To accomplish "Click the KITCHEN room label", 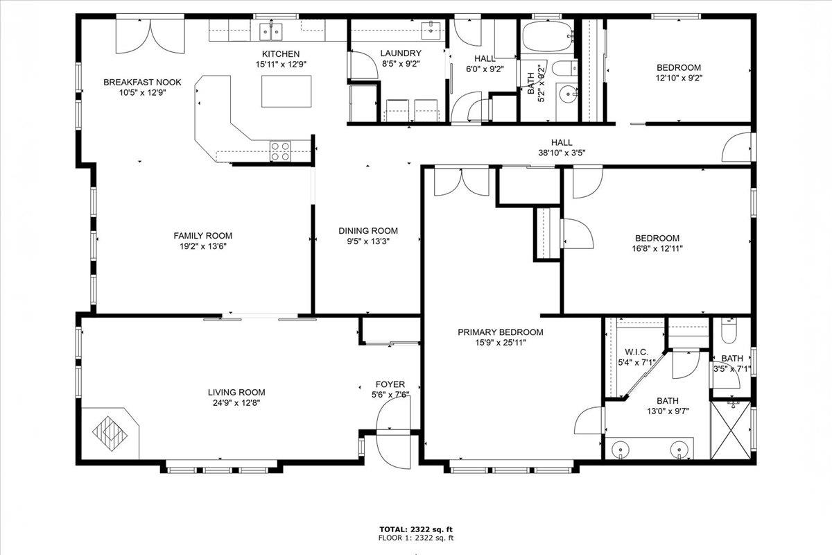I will [x=280, y=54].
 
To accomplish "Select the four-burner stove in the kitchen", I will [x=280, y=151].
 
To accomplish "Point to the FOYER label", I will [x=390, y=384].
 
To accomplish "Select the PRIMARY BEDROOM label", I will [x=501, y=332].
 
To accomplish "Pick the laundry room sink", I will [x=432, y=28].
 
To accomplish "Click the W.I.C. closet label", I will [x=636, y=352].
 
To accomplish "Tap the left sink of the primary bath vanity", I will [x=618, y=450].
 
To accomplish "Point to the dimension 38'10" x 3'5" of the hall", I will [x=562, y=153].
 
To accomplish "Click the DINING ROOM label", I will [x=368, y=231].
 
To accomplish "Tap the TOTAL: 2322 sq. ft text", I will [x=416, y=529].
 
